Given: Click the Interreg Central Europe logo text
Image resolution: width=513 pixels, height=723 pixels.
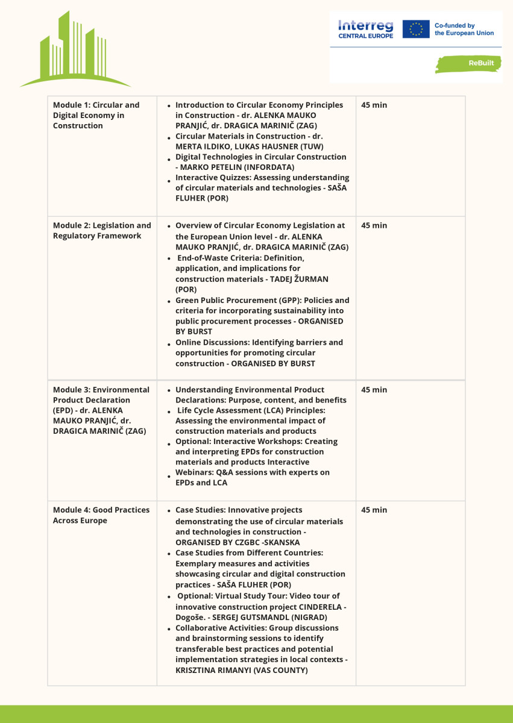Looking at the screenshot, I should (x=365, y=29).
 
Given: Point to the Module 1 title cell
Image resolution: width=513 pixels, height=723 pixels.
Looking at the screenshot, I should (x=96, y=115).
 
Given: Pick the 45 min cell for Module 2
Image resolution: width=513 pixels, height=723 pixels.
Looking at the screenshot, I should (x=374, y=225).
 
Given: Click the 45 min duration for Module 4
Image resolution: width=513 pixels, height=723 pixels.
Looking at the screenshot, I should (x=374, y=510).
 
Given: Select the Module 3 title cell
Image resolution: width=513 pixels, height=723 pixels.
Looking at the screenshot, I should (x=101, y=410).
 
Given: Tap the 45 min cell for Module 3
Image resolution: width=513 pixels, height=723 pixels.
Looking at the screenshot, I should (x=374, y=390).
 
